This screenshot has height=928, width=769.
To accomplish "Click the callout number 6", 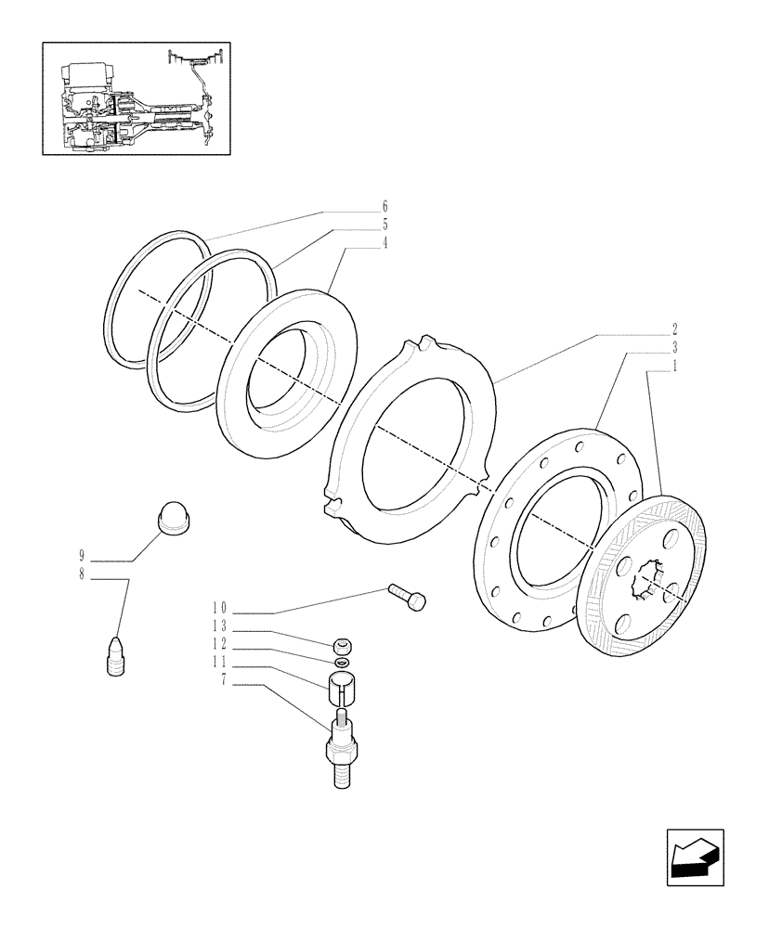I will (384, 206).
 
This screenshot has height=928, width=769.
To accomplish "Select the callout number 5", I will (384, 225).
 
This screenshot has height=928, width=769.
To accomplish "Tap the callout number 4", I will (384, 243).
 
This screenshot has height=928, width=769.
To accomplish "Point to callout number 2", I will (675, 329).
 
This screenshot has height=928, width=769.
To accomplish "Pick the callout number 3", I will (675, 347).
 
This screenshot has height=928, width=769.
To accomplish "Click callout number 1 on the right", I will (675, 366).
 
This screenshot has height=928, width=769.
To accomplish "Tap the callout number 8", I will (82, 574).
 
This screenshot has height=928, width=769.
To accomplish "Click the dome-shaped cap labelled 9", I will (175, 516).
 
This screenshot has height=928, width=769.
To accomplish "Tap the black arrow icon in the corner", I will (695, 854).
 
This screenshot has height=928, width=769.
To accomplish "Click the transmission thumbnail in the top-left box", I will (137, 98).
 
